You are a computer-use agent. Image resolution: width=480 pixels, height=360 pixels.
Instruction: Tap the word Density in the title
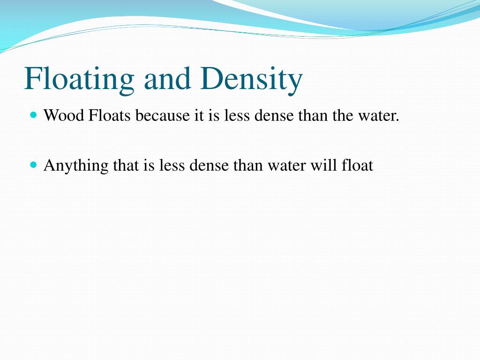pyautogui.click(x=251, y=79)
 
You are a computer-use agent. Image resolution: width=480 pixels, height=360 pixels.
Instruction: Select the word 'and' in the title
pyautogui.click(x=167, y=79)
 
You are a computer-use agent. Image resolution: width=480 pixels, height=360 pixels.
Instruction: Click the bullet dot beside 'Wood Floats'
pyautogui.click(x=33, y=114)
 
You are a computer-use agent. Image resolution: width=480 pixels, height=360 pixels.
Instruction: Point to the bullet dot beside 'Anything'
pyautogui.click(x=33, y=165)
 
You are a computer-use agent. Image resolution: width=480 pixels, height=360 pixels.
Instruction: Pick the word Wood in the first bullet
pyautogui.click(x=64, y=115)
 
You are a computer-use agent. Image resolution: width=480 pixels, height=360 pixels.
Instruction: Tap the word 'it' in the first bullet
pyautogui.click(x=199, y=115)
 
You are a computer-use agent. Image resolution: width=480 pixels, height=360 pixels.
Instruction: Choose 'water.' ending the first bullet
pyautogui.click(x=379, y=115)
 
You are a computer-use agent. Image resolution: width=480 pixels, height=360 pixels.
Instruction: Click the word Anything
pyautogui.click(x=76, y=166)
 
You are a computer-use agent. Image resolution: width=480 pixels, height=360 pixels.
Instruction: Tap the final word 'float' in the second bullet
pyautogui.click(x=355, y=165)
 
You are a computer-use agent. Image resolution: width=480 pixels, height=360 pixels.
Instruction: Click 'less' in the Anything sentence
pyautogui.click(x=172, y=165)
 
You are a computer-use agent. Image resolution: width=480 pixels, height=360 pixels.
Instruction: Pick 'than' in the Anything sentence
pyautogui.click(x=249, y=165)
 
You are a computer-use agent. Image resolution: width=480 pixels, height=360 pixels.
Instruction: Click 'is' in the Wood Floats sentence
pyautogui.click(x=214, y=115)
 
